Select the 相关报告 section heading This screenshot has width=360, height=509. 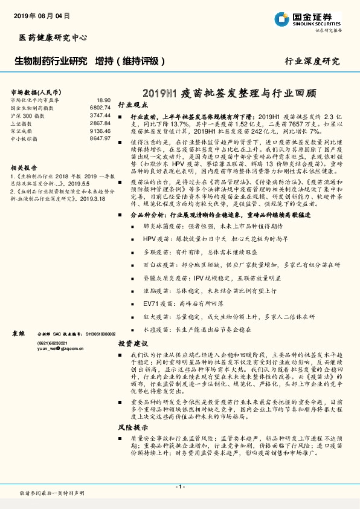point(24,167)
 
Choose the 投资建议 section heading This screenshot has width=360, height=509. point(132,343)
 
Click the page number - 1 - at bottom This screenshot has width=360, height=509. point(180,487)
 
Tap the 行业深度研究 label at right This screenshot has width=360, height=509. point(312,61)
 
